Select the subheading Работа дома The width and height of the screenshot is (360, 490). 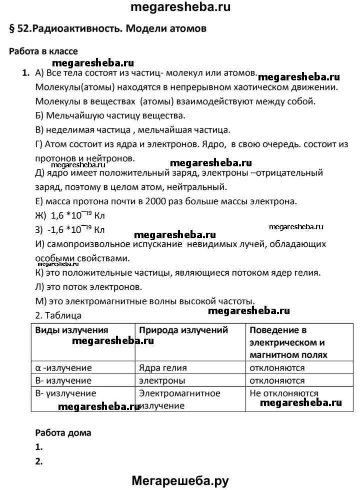tap(63, 433)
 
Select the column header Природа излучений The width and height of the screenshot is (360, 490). tap(183, 330)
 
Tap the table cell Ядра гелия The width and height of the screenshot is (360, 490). tap(163, 368)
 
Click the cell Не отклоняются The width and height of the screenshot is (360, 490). tap(284, 393)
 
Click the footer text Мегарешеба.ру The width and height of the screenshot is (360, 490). tap(180, 481)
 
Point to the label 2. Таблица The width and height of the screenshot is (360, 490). tap(58, 316)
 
